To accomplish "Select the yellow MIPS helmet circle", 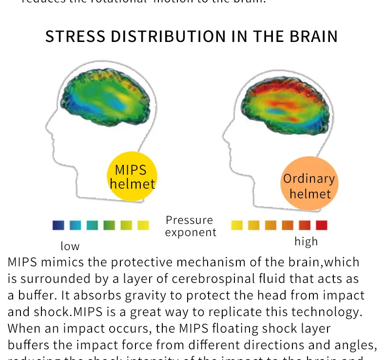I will [132, 177].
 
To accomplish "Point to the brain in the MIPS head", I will [109, 94].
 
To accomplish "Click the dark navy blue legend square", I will [58, 225].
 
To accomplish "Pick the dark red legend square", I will [321, 225].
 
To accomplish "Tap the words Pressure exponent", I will [190, 226].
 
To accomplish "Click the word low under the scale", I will [70, 246].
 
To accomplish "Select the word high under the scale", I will [306, 241].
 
